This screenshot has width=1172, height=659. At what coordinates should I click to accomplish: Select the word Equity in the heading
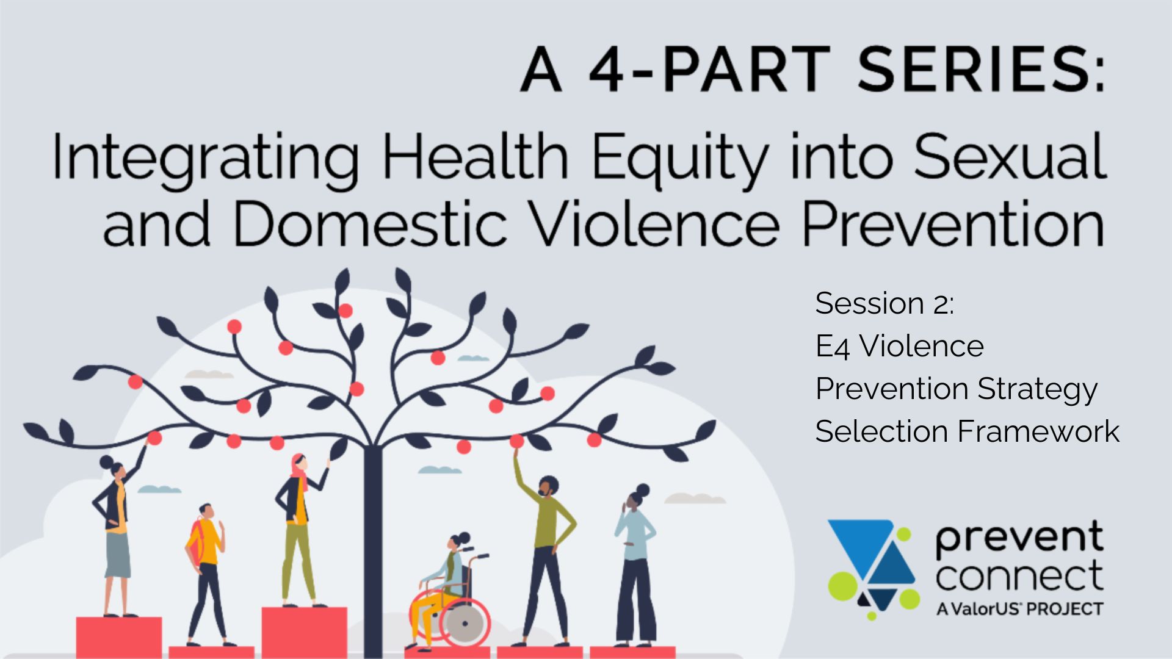679,157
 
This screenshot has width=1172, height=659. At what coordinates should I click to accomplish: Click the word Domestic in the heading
370,224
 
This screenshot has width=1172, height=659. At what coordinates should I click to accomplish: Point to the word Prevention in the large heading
953,224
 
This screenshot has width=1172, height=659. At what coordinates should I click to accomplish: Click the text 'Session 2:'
884,303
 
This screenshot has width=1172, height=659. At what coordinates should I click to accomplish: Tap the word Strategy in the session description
1037,389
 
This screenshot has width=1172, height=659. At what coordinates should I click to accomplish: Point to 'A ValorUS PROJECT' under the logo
1019,609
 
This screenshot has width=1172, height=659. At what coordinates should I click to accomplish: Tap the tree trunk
372,549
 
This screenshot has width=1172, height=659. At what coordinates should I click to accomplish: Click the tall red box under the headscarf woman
304,632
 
